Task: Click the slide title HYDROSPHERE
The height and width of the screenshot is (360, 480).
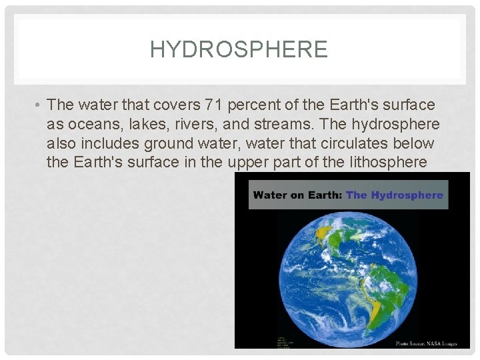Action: click(x=239, y=49)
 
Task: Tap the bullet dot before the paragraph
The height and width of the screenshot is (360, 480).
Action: click(x=40, y=105)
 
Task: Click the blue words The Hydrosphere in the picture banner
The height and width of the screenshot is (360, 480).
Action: click(x=394, y=195)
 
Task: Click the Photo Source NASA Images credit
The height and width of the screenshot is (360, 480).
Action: click(x=426, y=343)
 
